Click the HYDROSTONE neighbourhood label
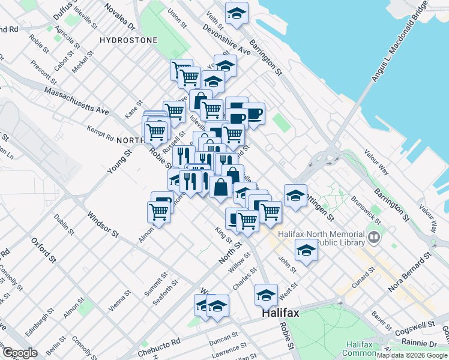pos(128,40)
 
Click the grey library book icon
pos(375,238)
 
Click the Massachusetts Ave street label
pos(76,100)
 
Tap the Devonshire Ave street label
pos(226,40)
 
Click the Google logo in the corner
pos(19,353)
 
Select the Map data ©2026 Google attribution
pos(412,355)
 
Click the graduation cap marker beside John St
pos(306,250)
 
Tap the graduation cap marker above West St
pos(266,295)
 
